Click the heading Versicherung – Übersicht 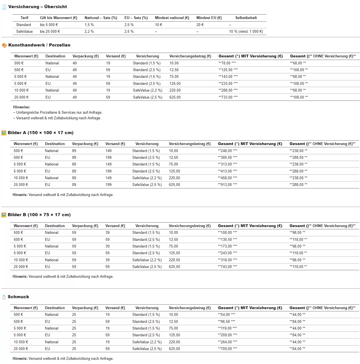pos(38,7)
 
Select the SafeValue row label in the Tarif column pos(24,32)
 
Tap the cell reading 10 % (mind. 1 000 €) pos(246,32)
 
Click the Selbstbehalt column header pos(246,18)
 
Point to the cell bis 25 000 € pos(50,32)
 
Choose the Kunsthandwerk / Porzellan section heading pos(39,45)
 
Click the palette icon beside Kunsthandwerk pos(4,45)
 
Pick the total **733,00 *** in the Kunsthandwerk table pos(228,97)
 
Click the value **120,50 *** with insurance pos(228,70)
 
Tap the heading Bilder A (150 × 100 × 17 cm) pos(41,133)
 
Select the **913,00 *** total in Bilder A pos(227,185)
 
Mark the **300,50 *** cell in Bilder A pos(227,158)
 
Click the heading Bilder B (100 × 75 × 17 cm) pos(39,215)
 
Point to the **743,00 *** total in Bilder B pos(227,267)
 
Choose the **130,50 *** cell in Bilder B pos(227,240)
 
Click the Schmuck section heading pos(18,297)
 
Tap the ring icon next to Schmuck pos(4,297)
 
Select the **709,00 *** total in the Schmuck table pos(227,349)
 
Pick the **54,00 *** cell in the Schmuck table pos(226,315)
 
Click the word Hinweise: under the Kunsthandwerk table pos(22,107)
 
